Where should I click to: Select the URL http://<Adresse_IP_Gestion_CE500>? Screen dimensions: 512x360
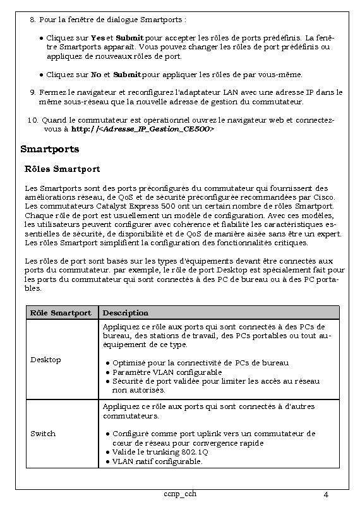pos(143,128)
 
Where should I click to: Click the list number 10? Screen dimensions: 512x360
pos(33,119)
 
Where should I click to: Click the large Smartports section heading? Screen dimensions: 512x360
pos(50,149)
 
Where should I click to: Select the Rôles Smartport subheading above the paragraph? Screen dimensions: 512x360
pos(62,169)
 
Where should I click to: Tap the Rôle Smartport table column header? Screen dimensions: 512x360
pos(61,312)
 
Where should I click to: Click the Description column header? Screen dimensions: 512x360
pos(126,312)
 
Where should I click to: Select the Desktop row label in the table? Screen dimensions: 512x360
pos(46,360)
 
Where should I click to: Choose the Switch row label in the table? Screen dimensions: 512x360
pos(43,434)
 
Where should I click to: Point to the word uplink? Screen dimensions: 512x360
pos(201,434)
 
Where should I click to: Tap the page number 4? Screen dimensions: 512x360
pos(325,494)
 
